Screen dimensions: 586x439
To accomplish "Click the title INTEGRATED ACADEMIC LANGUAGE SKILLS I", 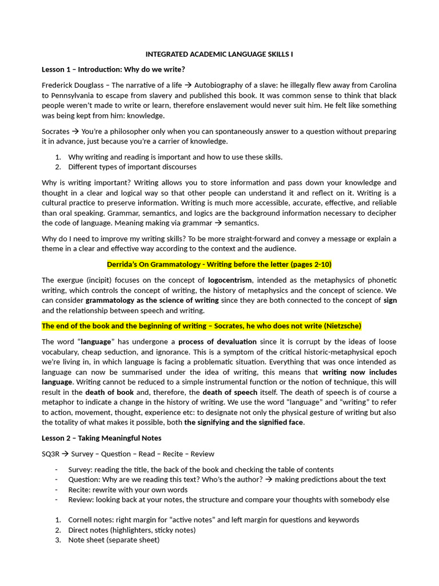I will coord(219,54).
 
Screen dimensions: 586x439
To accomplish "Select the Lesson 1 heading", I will coord(113,70).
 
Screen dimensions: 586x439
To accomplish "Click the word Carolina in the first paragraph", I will coord(378,85).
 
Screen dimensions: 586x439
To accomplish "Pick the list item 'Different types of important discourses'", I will coord(132,167).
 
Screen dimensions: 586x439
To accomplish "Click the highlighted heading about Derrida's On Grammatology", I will coord(219,264).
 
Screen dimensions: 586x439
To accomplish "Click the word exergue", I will coord(71,280).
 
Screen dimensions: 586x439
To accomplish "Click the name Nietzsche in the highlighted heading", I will coord(341,326).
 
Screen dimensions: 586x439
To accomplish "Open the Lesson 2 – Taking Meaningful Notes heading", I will coord(102,438).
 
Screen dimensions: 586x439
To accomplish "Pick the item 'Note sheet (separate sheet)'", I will coord(114,540).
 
